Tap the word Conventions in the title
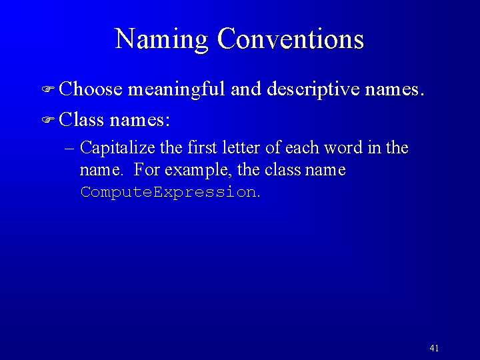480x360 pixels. click(x=291, y=39)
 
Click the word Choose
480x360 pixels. click(x=91, y=89)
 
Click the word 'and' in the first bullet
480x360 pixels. click(x=246, y=89)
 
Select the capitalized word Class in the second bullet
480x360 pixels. click(x=81, y=121)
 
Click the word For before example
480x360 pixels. click(x=147, y=170)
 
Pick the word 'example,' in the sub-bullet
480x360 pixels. click(x=199, y=170)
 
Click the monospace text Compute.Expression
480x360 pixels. click(x=168, y=192)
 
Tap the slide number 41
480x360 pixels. click(x=435, y=348)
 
